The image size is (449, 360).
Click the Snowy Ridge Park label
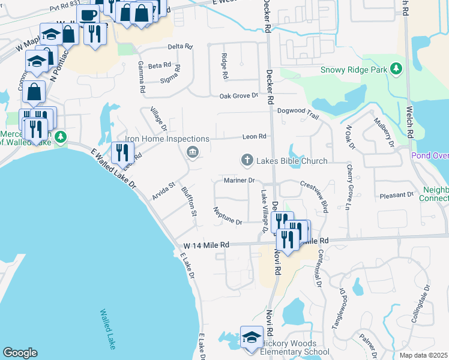point(354,70)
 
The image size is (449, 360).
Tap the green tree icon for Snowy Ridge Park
point(396,70)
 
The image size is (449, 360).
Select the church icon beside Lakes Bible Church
point(246,160)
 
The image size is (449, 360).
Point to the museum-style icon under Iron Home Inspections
point(192,152)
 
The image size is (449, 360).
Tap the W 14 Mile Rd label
point(206,245)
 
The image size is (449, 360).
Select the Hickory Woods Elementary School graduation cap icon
point(252,337)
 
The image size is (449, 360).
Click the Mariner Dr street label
point(240,180)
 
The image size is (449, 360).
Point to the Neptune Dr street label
point(228,216)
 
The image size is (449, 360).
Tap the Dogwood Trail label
point(297,111)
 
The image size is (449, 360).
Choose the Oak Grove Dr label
point(238,95)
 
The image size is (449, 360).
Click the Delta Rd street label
point(180,46)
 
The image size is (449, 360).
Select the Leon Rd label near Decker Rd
point(254,137)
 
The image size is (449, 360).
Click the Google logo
point(20,353)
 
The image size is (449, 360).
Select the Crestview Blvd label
point(314,197)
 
